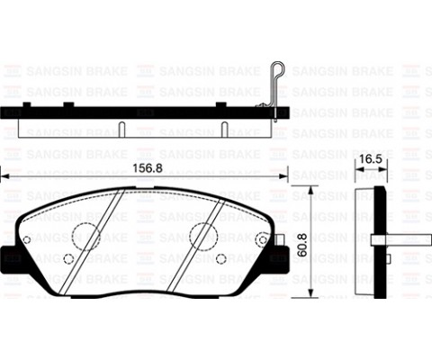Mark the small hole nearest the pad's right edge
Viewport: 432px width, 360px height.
pyautogui.click(x=262, y=238)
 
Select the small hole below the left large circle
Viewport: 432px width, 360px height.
pyautogui.click(x=69, y=259)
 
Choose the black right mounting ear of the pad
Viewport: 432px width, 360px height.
pyautogui.click(x=280, y=257)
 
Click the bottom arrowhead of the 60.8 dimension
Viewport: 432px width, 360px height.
pyautogui.click(x=311, y=292)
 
